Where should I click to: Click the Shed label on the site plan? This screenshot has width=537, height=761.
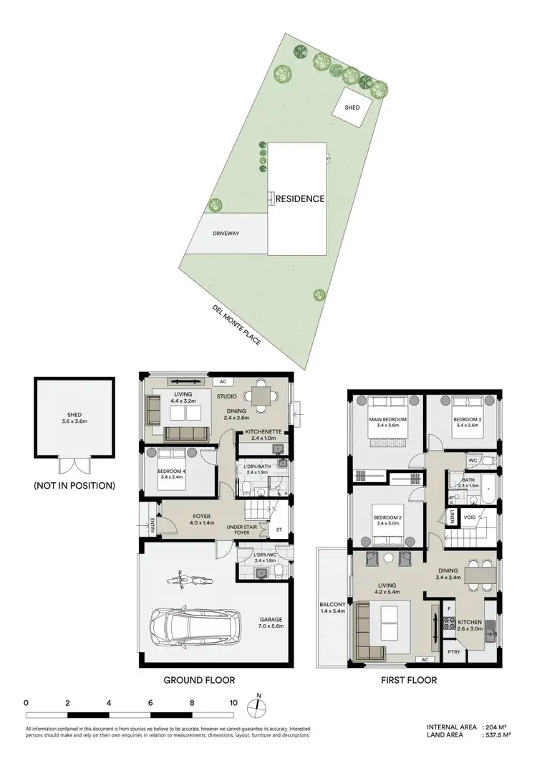[352, 107]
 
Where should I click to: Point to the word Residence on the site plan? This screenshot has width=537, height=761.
[301, 198]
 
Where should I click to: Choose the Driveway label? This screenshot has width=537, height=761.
[225, 234]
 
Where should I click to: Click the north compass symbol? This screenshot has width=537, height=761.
[259, 707]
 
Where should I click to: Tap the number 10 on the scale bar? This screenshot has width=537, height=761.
[233, 703]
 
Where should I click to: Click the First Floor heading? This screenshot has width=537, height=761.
[407, 680]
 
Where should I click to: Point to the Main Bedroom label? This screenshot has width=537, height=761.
[388, 419]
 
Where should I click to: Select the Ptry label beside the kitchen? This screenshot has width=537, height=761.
[454, 651]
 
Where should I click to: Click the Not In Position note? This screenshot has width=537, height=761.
[74, 486]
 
